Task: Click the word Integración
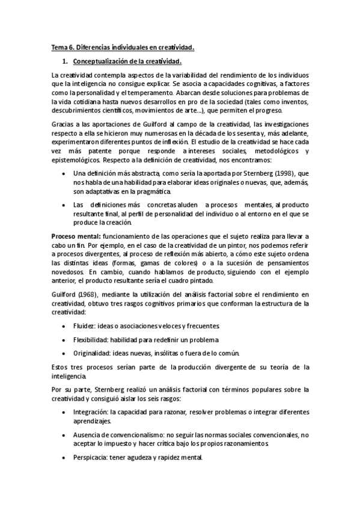coord(90,413)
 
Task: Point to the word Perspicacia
coord(90,457)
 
